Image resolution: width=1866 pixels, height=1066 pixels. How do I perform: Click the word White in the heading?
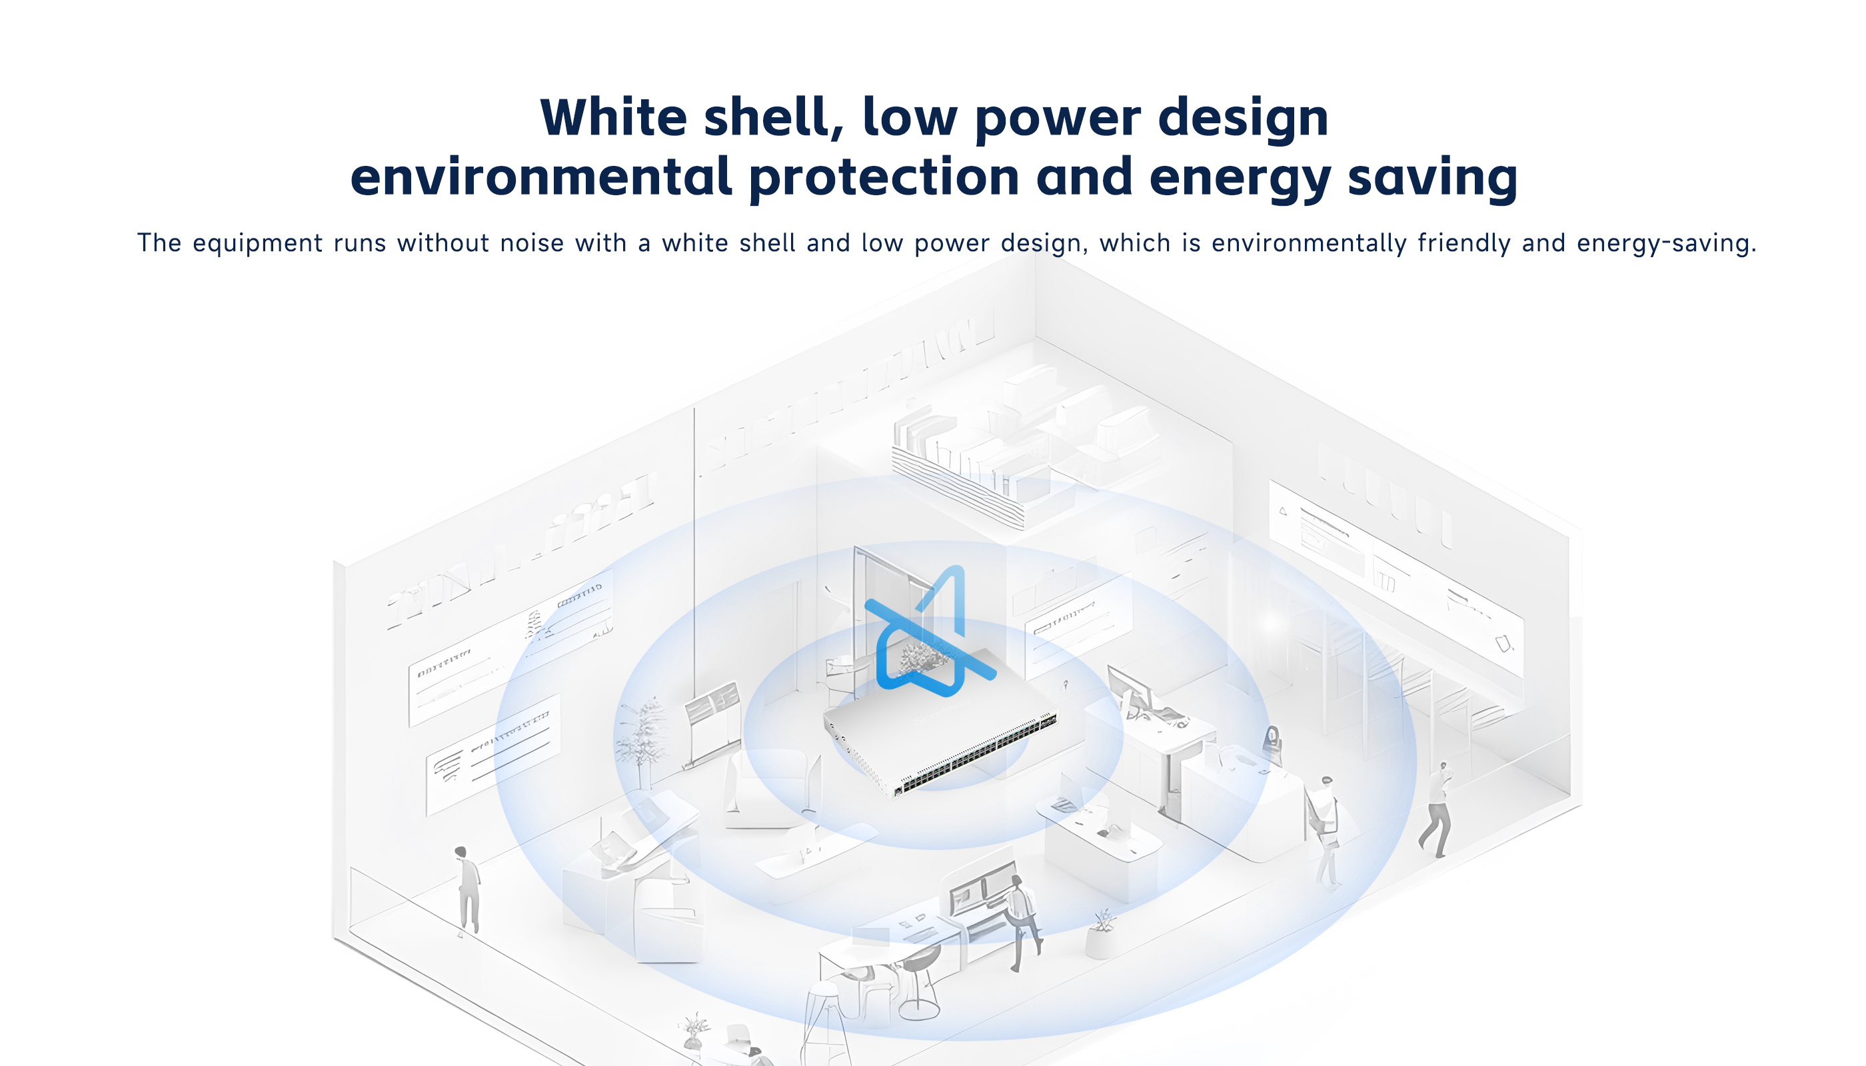pyautogui.click(x=614, y=117)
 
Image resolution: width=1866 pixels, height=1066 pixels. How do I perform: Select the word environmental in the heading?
pyautogui.click(x=541, y=177)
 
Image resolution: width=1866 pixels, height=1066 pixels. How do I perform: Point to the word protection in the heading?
pyautogui.click(x=884, y=177)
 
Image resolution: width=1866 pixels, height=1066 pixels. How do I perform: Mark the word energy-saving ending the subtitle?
pyautogui.click(x=1666, y=244)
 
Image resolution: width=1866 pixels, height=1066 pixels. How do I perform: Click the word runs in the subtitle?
pyautogui.click(x=360, y=243)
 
